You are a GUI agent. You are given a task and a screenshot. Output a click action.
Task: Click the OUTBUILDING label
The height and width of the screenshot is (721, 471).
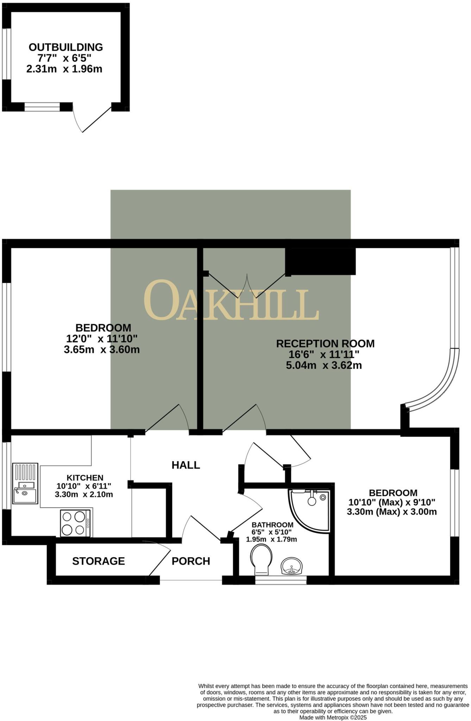tap(65, 47)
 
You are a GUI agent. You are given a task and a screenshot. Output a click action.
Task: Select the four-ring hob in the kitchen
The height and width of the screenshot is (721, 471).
tap(75, 523)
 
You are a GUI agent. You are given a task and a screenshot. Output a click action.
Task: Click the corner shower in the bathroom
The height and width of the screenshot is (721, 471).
tap(310, 508)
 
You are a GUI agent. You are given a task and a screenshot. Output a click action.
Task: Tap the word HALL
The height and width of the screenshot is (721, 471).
tap(186, 465)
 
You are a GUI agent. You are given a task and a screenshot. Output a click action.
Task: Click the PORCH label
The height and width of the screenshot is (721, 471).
tap(191, 561)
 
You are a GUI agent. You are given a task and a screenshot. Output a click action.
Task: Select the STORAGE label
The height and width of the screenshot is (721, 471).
tap(99, 561)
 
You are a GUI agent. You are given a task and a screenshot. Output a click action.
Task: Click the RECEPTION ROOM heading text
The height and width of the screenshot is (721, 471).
tap(325, 344)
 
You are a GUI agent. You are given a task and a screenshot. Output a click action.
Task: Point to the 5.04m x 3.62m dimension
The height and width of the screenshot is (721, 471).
tap(324, 365)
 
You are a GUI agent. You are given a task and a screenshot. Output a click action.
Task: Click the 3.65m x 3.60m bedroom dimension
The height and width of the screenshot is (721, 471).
tap(102, 350)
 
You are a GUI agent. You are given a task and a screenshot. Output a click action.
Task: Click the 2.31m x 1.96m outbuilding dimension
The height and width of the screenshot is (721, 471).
tap(64, 69)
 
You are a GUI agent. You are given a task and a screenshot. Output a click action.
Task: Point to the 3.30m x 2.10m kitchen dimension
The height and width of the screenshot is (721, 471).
tap(84, 494)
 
